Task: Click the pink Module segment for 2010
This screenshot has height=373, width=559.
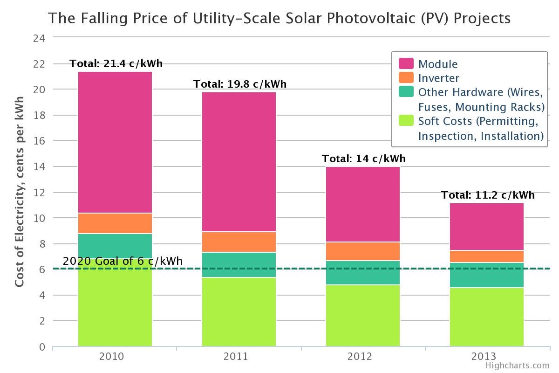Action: pos(115,142)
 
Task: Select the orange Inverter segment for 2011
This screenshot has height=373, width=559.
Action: pos(239,242)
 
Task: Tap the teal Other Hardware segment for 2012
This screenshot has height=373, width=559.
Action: pos(363,273)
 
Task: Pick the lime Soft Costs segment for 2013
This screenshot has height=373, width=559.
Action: pos(487,317)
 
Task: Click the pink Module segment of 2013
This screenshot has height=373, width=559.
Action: pos(487,227)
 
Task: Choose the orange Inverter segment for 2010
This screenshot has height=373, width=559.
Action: pos(115,223)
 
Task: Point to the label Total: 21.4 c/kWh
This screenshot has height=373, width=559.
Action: pos(116,64)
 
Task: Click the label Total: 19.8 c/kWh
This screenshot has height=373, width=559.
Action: pos(240,84)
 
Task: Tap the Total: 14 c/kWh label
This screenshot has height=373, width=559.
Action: pos(364,159)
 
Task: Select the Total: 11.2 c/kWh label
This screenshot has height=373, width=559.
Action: pos(488,195)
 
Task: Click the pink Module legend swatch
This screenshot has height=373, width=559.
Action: pos(406,64)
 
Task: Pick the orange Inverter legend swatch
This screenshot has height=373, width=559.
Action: pos(406,78)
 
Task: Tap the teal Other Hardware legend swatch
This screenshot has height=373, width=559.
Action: pos(406,92)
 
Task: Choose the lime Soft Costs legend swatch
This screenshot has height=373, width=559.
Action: pos(406,121)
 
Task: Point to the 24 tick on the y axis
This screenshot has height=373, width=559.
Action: pos(39,38)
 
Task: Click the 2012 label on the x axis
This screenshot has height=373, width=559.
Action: pos(360,357)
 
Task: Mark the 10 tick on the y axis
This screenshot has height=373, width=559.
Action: pos(39,218)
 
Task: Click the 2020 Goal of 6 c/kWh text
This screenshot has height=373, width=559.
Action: pos(123,261)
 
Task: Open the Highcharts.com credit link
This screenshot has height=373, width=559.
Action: pos(517,366)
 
